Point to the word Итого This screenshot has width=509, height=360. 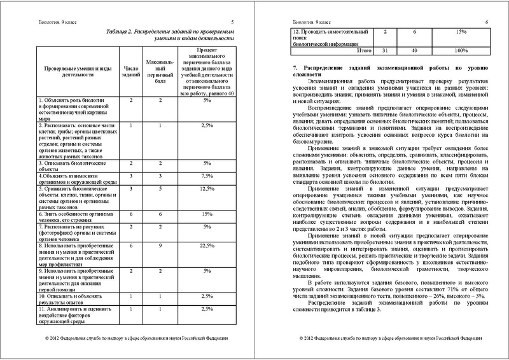[x=363, y=49]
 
